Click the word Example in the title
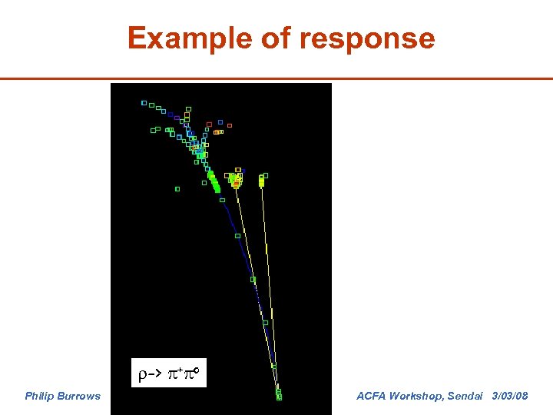[176, 38]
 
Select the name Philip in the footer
[41, 396]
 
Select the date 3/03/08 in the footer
[510, 396]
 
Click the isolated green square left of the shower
[177, 188]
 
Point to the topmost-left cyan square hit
[144, 102]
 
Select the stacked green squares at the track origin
[279, 394]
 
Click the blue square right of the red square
[220, 121]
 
